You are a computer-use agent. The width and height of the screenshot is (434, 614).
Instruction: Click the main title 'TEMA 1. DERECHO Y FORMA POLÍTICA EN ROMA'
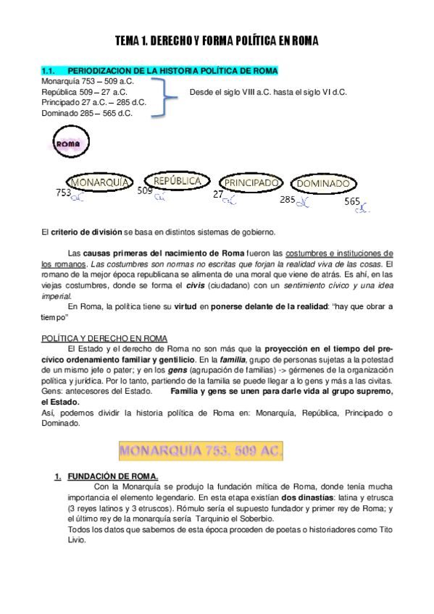[217, 42]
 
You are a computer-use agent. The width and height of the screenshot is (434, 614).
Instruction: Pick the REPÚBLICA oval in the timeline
[177, 181]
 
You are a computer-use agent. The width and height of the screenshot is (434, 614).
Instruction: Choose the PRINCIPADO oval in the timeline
[251, 184]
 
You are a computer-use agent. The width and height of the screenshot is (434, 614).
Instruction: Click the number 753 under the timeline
[64, 193]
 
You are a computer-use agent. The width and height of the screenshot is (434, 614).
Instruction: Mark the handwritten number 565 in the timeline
[352, 201]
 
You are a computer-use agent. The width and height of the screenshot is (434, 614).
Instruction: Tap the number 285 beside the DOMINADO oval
[288, 199]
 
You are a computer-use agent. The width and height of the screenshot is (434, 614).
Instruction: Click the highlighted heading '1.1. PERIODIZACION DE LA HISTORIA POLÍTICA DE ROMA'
[159, 71]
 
